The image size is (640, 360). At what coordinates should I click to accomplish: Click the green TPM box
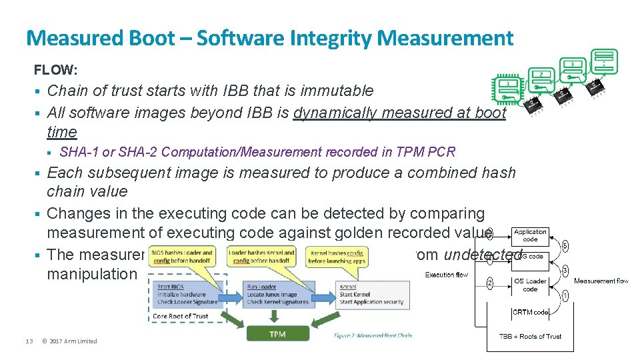point(277,334)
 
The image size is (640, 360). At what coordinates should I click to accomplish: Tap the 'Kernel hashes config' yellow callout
point(337,257)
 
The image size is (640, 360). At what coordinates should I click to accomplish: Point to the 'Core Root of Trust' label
point(181,316)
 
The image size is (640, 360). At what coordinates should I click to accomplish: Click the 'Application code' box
point(530,235)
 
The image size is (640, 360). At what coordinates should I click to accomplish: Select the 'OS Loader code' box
point(530,285)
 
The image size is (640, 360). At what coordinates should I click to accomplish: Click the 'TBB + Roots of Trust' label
point(531,336)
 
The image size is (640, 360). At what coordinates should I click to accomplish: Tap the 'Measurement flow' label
point(601,281)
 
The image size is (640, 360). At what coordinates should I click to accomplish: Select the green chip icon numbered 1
point(507,93)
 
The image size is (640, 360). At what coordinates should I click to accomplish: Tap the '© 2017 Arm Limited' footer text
point(69,341)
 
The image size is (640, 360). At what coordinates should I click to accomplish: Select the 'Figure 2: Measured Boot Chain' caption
point(373,335)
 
